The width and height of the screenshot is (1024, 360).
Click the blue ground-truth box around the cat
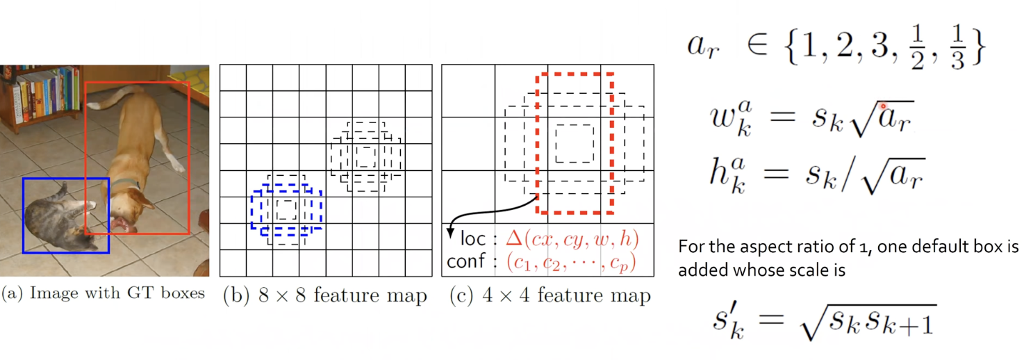point(24,215)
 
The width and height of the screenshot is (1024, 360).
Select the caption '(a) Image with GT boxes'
point(103,293)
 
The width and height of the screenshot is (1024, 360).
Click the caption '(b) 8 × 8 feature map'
point(324,295)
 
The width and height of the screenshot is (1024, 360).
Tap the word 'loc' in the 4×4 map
point(472,239)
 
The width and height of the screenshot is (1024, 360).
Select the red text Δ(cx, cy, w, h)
point(572,238)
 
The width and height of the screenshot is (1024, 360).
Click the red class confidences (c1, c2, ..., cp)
point(570,263)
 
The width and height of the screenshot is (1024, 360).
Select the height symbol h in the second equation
point(720,172)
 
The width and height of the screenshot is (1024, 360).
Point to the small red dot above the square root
point(883,106)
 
